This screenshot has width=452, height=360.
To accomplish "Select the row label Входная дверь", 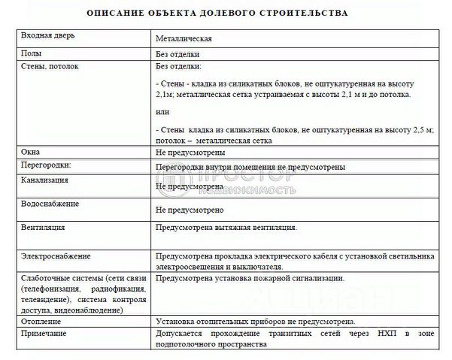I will (48, 36).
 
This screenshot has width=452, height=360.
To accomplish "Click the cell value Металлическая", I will (184, 37).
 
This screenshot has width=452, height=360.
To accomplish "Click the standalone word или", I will (162, 113).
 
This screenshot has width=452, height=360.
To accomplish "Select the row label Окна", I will (32, 152).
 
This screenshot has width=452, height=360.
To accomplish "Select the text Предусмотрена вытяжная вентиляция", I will (226, 226).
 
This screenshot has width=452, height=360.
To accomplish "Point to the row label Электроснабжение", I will (56, 256).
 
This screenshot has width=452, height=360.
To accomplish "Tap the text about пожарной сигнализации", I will (250, 277).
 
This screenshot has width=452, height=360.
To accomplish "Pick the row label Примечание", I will (46, 332).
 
